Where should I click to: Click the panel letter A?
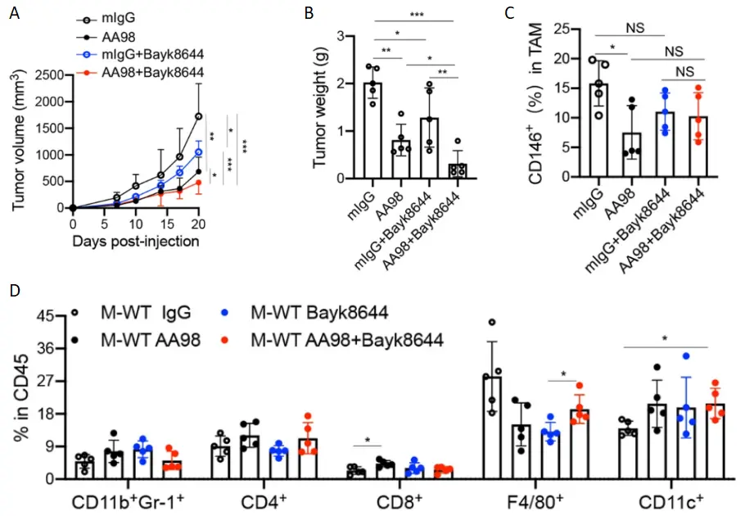pyautogui.click(x=14, y=13)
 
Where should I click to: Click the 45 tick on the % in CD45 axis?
pyautogui.click(x=49, y=316)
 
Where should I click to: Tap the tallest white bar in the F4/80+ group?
pyautogui.click(x=492, y=426)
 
